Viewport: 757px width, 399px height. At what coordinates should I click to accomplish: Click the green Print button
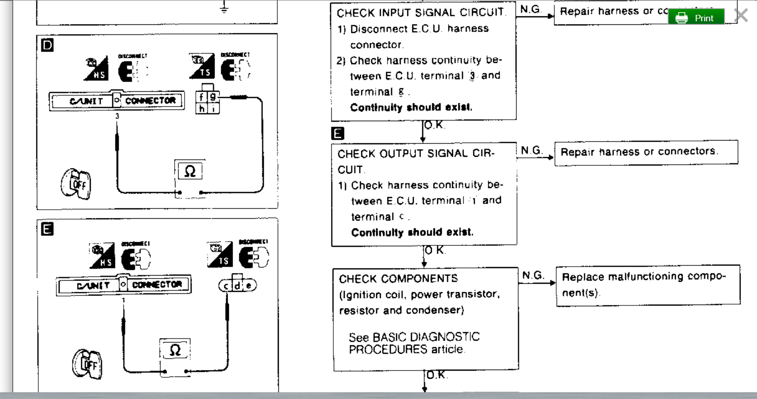(696, 18)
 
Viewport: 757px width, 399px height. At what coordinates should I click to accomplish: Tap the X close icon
(741, 16)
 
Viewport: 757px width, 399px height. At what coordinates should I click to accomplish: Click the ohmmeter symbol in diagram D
(190, 171)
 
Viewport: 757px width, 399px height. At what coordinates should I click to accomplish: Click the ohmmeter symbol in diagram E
(175, 350)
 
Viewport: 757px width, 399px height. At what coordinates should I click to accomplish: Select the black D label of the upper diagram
(47, 45)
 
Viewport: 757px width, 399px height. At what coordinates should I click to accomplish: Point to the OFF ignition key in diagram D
(76, 183)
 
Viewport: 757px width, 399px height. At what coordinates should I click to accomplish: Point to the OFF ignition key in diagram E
(87, 363)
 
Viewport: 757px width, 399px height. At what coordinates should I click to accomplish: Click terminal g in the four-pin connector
(213, 97)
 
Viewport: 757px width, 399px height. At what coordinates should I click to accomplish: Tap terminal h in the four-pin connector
(202, 108)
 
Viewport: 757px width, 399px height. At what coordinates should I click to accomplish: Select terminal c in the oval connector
(226, 286)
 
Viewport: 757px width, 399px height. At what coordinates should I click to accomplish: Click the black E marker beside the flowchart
(337, 133)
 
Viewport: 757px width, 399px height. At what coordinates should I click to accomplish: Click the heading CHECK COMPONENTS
(398, 278)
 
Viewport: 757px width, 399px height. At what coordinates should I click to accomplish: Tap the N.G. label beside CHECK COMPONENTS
(533, 275)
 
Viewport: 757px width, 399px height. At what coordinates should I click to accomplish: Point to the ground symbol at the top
(224, 8)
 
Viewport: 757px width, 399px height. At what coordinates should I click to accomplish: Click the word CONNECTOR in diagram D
(150, 100)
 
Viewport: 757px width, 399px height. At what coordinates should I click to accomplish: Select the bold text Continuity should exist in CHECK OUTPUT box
(412, 232)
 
